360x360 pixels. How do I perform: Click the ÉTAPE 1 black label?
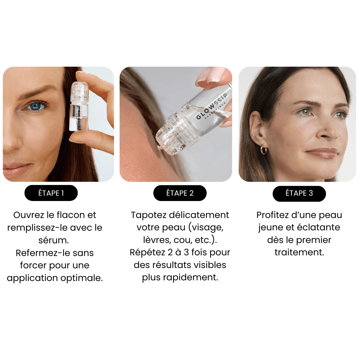[51, 193]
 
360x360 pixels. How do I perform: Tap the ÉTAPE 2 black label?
[180, 193]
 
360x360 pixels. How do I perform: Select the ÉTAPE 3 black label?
[299, 193]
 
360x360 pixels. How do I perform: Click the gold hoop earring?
[264, 150]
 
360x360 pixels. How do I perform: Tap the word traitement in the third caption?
[299, 252]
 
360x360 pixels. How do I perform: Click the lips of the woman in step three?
[322, 153]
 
